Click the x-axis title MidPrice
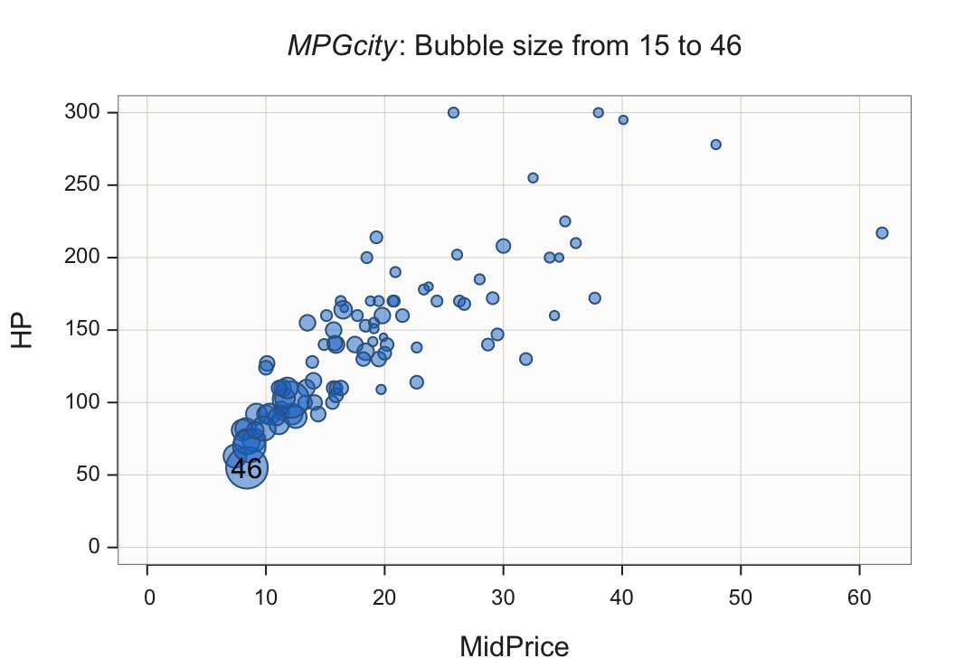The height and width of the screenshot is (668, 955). point(514,646)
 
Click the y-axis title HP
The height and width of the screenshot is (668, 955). point(23,331)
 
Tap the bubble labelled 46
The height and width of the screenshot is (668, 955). point(246,468)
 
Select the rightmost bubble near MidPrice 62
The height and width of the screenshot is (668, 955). point(882,233)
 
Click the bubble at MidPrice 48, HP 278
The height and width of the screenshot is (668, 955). point(715,145)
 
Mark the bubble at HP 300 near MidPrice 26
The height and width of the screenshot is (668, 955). point(453,113)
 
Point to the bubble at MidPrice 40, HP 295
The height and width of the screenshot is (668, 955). point(623,120)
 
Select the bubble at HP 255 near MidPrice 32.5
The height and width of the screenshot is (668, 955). point(533,178)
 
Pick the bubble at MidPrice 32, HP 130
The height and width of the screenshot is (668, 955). point(525,359)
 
